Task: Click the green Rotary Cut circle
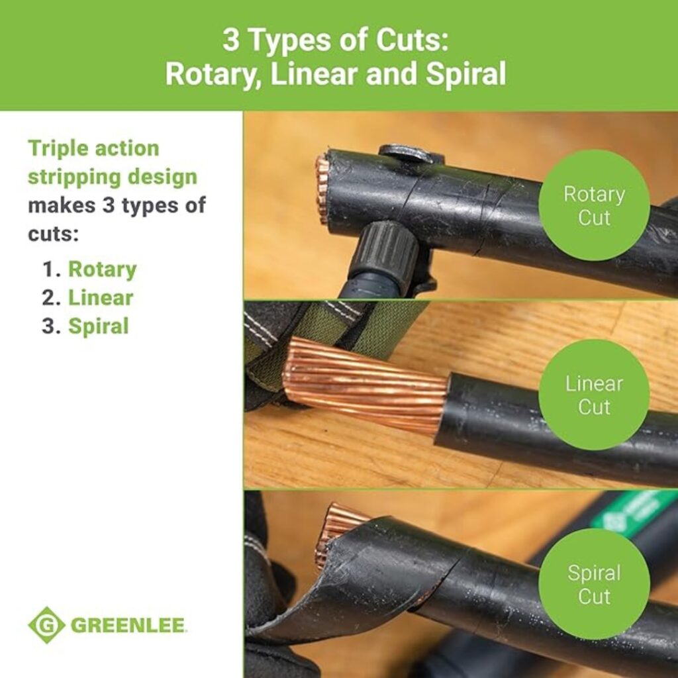click(x=593, y=205)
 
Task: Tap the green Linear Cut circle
click(x=593, y=395)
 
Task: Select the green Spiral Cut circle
click(x=593, y=584)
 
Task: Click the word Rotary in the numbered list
click(x=102, y=269)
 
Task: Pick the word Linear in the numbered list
click(x=100, y=298)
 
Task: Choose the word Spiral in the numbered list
click(x=98, y=326)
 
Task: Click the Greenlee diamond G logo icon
click(x=46, y=624)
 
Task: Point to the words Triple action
click(x=93, y=148)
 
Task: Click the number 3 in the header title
click(x=230, y=41)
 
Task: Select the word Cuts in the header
click(x=410, y=41)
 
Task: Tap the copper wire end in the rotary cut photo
click(x=322, y=189)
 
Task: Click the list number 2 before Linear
click(x=51, y=298)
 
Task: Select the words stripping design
click(x=113, y=177)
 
